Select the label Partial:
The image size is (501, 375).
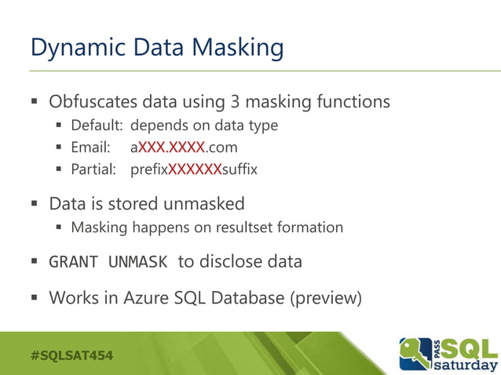(x=94, y=169)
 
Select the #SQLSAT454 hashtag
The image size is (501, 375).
(x=71, y=355)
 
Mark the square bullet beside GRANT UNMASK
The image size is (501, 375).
(x=35, y=262)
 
